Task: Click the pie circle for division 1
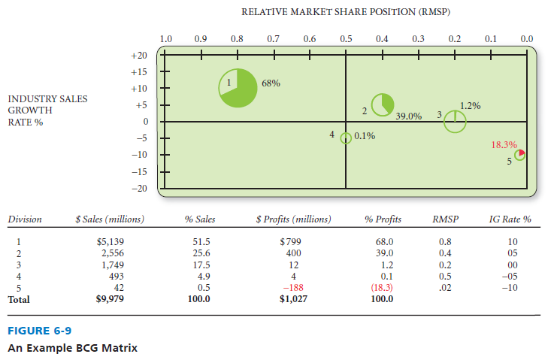238,89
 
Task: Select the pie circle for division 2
383,104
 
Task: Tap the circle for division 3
455,120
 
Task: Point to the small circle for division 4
346,138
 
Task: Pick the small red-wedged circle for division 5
519,154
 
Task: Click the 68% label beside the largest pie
271,83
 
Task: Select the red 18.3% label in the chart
504,144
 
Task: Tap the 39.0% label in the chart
408,116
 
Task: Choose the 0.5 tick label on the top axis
346,38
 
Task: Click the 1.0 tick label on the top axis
166,38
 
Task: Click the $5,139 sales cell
109,242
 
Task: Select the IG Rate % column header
510,219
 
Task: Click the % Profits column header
383,219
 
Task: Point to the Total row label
19,298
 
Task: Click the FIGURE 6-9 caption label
38,330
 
